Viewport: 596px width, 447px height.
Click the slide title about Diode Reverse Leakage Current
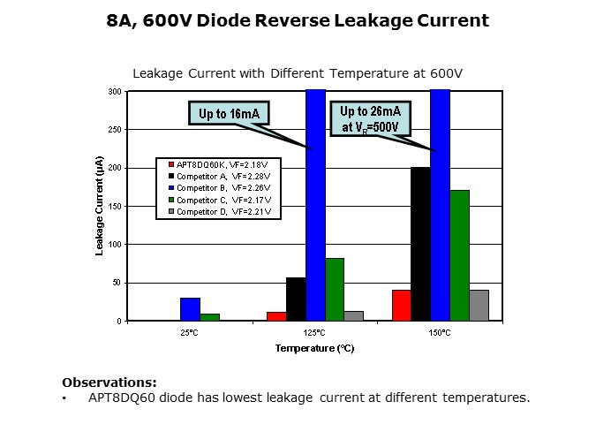[297, 20]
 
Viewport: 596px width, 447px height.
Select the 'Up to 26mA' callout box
[370, 118]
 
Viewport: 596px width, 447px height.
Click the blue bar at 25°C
[190, 309]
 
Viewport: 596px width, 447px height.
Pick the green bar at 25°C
[209, 316]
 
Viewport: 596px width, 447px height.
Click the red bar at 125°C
[276, 315]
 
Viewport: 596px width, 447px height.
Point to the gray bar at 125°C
[354, 315]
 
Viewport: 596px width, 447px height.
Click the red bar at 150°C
[401, 305]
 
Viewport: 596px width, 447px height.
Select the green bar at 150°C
[459, 255]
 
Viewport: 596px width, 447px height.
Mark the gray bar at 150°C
[479, 305]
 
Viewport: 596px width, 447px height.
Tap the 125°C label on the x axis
[314, 333]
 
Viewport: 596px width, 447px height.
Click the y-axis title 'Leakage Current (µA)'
[100, 207]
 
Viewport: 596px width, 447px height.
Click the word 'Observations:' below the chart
[109, 383]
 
